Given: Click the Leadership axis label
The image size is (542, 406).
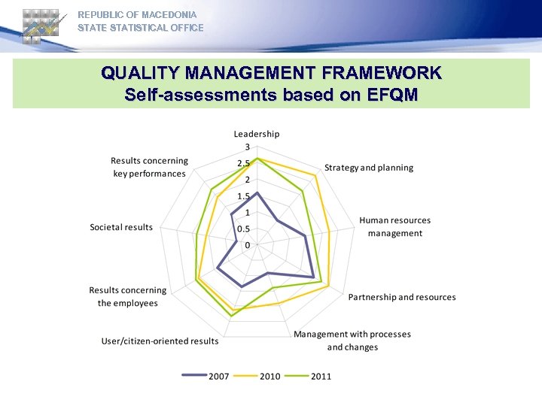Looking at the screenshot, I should click(256, 134).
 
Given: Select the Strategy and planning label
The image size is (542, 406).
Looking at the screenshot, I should click(369, 168).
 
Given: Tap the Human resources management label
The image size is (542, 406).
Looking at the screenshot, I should click(395, 226).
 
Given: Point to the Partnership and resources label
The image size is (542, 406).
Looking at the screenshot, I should click(402, 297).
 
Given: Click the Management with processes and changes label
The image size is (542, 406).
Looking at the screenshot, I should click(352, 341).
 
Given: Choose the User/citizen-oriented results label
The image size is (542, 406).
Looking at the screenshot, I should click(160, 341).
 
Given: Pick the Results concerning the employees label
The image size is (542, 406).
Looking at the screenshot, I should click(128, 296).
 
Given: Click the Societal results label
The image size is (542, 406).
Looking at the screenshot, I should click(121, 227).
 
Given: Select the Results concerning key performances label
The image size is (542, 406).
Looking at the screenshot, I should click(149, 167).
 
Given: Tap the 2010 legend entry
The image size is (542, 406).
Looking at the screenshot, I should click(269, 376).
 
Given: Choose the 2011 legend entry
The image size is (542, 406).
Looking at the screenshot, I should click(320, 376).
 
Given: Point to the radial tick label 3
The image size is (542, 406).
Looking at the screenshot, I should click(248, 147).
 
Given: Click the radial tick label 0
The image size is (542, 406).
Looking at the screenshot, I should click(248, 245).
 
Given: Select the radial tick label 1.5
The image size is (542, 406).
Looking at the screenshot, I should click(245, 196).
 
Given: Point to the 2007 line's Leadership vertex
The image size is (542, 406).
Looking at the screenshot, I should click(257, 192).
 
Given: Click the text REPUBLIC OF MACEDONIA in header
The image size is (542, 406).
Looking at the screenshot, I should click(137, 15).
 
